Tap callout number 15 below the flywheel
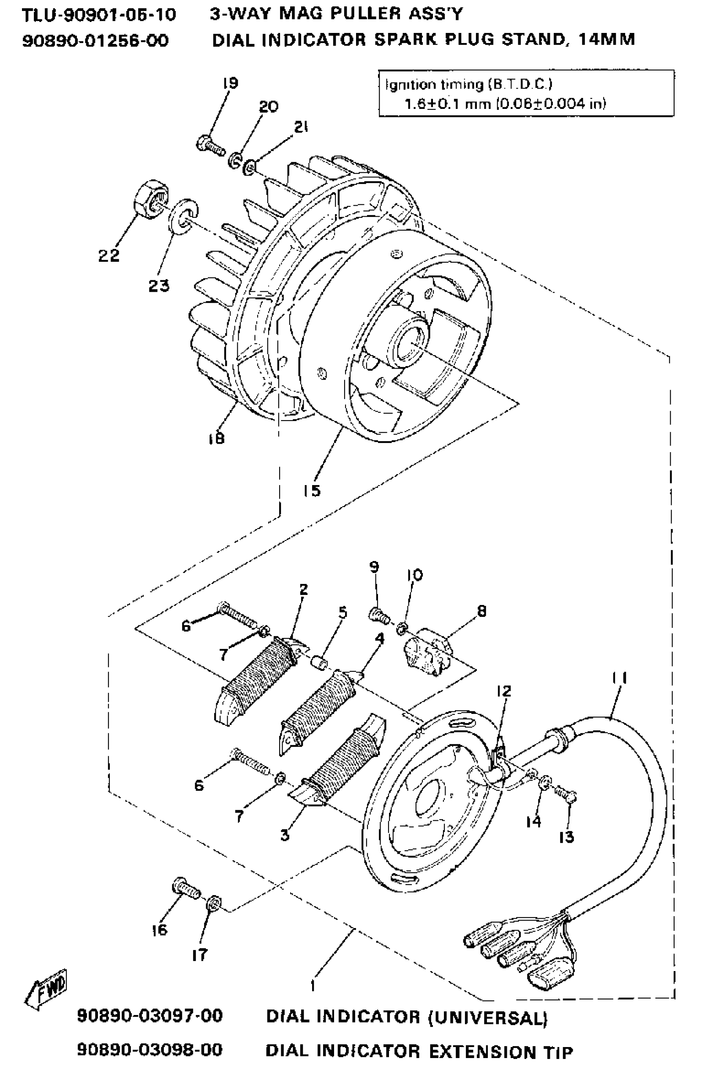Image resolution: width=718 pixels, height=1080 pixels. tap(311, 491)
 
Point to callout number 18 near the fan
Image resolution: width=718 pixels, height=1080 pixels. tap(216, 438)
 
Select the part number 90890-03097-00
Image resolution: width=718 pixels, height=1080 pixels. tap(150, 1016)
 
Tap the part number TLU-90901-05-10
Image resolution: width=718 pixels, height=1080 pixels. tap(99, 15)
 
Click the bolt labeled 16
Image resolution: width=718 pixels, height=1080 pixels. tap(185, 888)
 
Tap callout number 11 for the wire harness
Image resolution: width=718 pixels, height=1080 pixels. tap(620, 677)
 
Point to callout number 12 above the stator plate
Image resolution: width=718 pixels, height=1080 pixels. tap(503, 691)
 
